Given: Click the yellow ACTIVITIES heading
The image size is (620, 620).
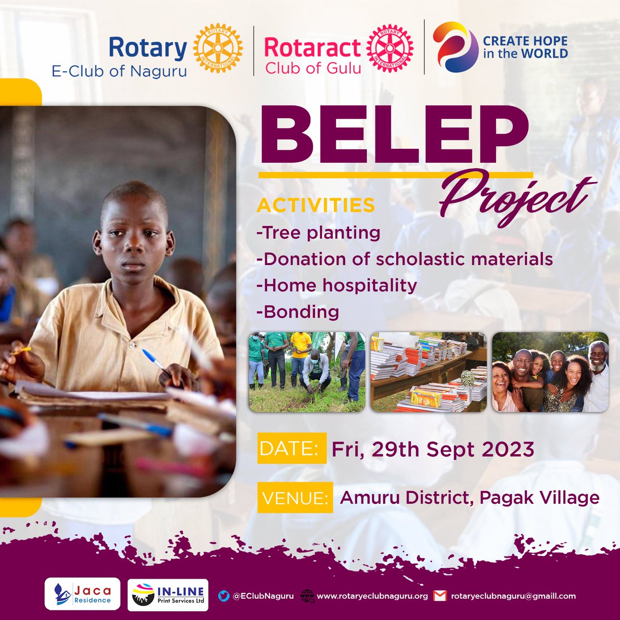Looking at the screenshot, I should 316,205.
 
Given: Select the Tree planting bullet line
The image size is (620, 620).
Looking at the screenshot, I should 319,233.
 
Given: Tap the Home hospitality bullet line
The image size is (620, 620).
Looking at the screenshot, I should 337,285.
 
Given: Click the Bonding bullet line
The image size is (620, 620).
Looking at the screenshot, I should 298,312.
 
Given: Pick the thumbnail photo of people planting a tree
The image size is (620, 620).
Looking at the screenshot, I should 307,372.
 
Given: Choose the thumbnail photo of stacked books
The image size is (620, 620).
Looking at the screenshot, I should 429,372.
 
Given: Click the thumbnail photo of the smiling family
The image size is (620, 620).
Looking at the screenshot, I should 550,372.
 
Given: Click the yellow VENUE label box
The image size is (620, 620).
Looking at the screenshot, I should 295,498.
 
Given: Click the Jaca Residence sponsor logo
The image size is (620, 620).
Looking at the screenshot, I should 83,594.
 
